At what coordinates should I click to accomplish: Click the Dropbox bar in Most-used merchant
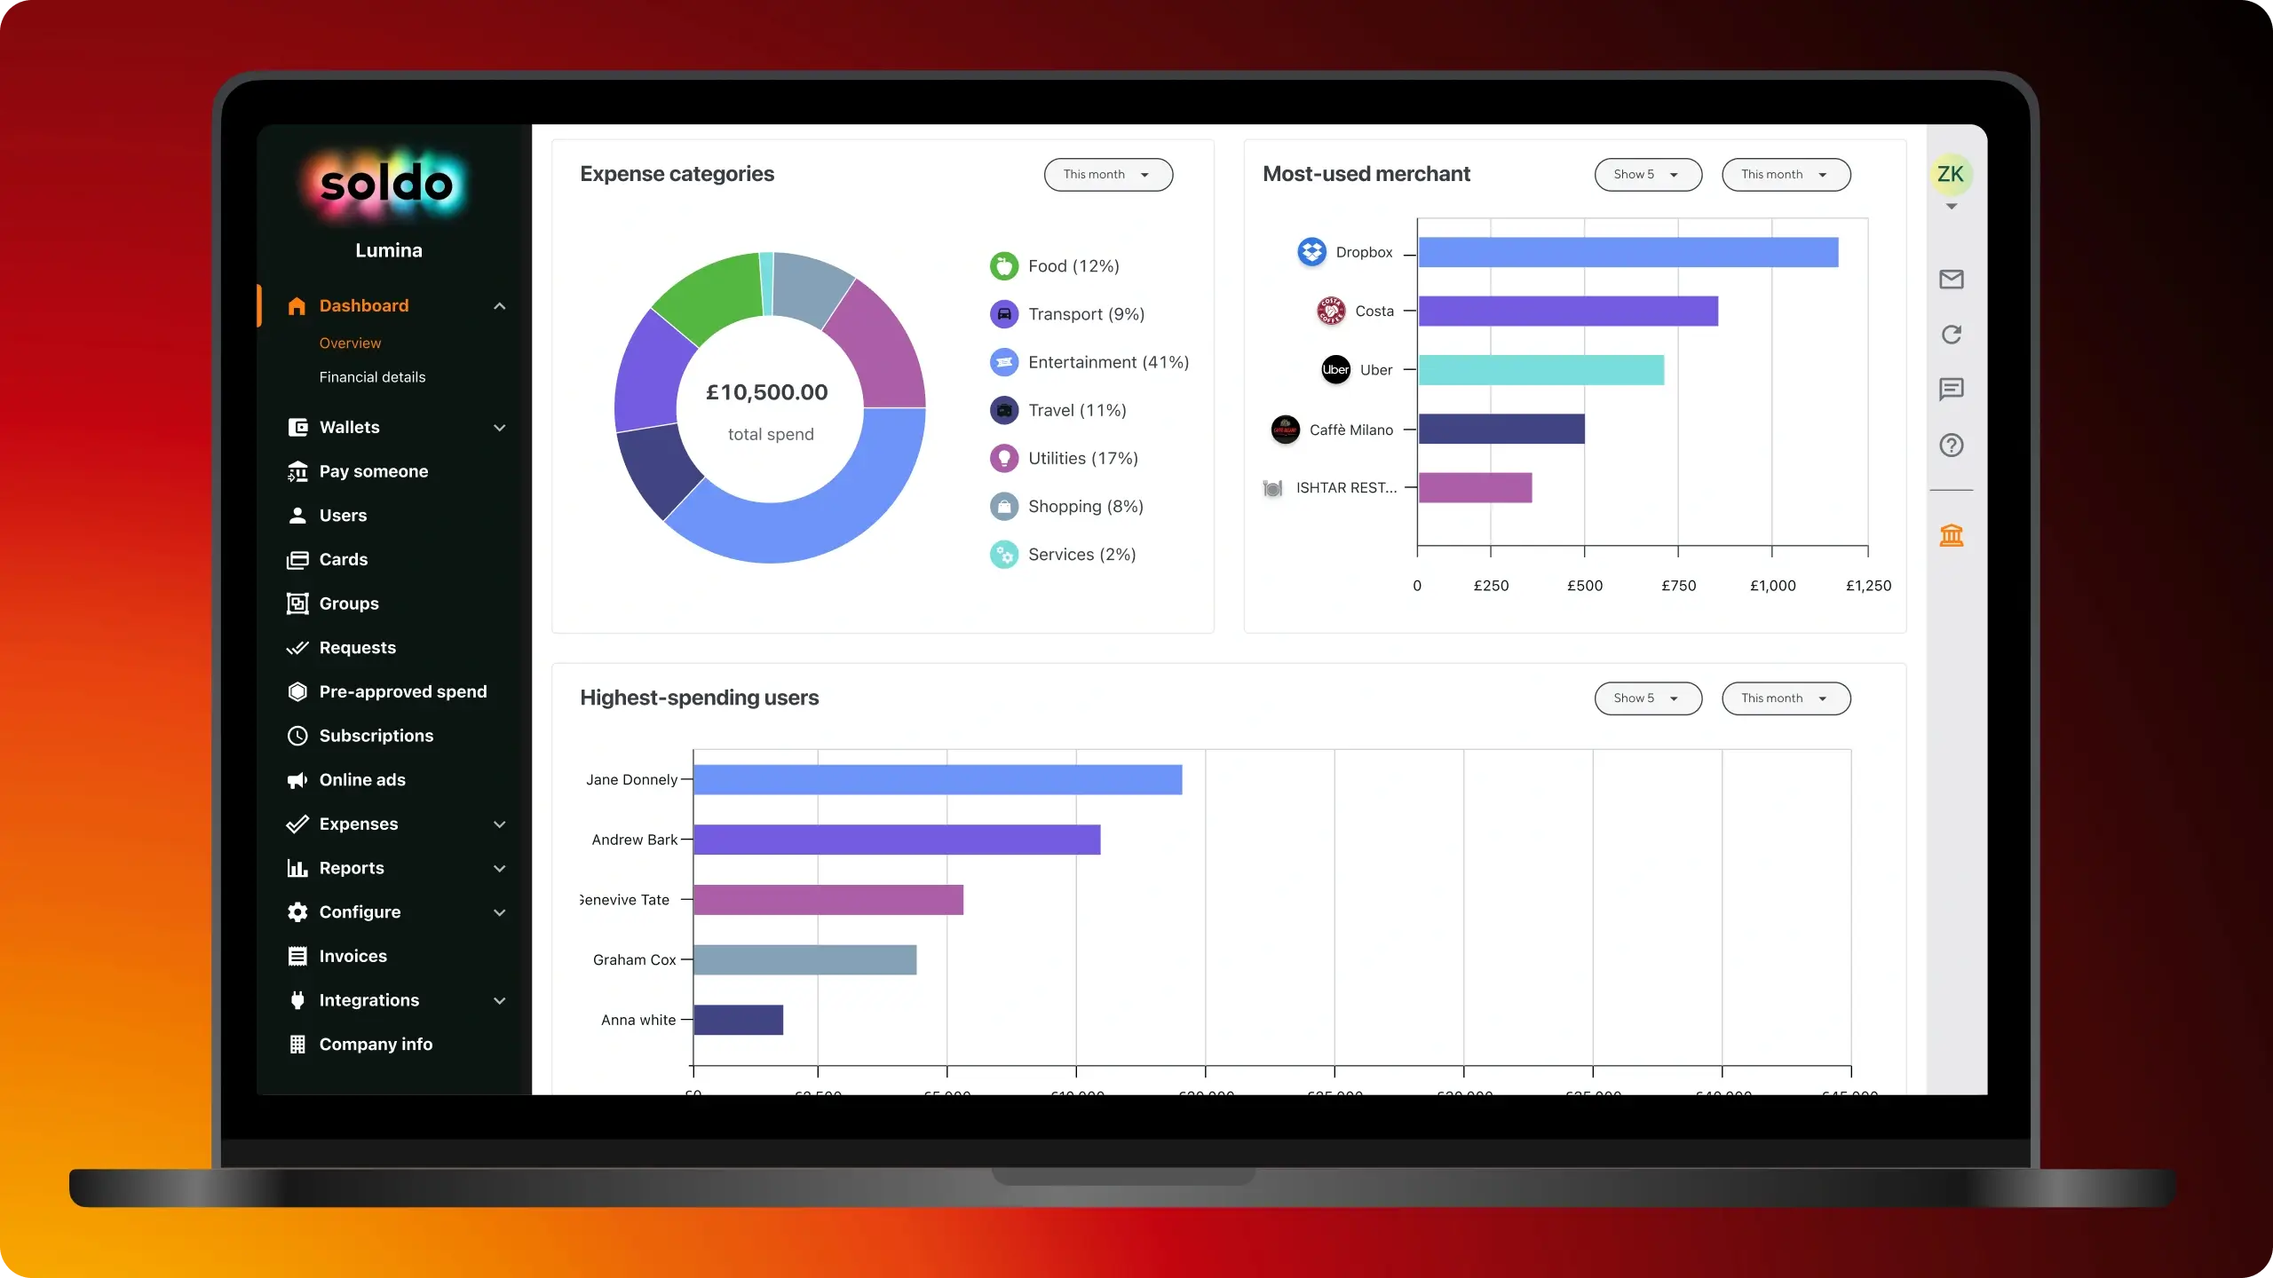pyautogui.click(x=1628, y=252)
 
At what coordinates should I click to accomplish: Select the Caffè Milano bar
pyautogui.click(x=1501, y=429)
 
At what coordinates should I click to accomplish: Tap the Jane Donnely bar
pyautogui.click(x=937, y=779)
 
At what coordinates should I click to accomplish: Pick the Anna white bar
pyautogui.click(x=738, y=1020)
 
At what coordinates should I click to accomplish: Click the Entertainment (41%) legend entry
pyautogui.click(x=1107, y=362)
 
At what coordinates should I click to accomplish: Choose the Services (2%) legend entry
pyautogui.click(x=1081, y=555)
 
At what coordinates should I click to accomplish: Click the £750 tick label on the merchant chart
pyautogui.click(x=1678, y=586)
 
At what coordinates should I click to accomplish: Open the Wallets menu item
pyautogui.click(x=349, y=428)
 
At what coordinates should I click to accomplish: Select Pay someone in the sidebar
pyautogui.click(x=373, y=471)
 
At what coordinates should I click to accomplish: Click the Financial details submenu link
pyautogui.click(x=372, y=377)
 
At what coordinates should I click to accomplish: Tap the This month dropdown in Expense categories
pyautogui.click(x=1107, y=175)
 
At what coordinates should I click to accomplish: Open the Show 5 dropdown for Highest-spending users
pyautogui.click(x=1647, y=698)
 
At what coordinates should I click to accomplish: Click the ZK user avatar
pyautogui.click(x=1950, y=174)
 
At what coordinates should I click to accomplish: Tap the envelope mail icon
pyautogui.click(x=1951, y=280)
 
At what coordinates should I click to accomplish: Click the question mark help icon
pyautogui.click(x=1951, y=446)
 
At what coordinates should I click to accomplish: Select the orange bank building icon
pyautogui.click(x=1951, y=535)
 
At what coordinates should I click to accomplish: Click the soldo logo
pyautogui.click(x=386, y=185)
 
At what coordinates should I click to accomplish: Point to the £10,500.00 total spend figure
pyautogui.click(x=766, y=392)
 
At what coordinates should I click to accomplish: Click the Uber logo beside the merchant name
pyautogui.click(x=1335, y=370)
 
